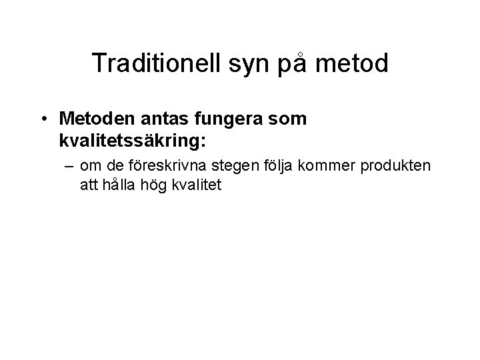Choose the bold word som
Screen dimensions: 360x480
pos(289,119)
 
